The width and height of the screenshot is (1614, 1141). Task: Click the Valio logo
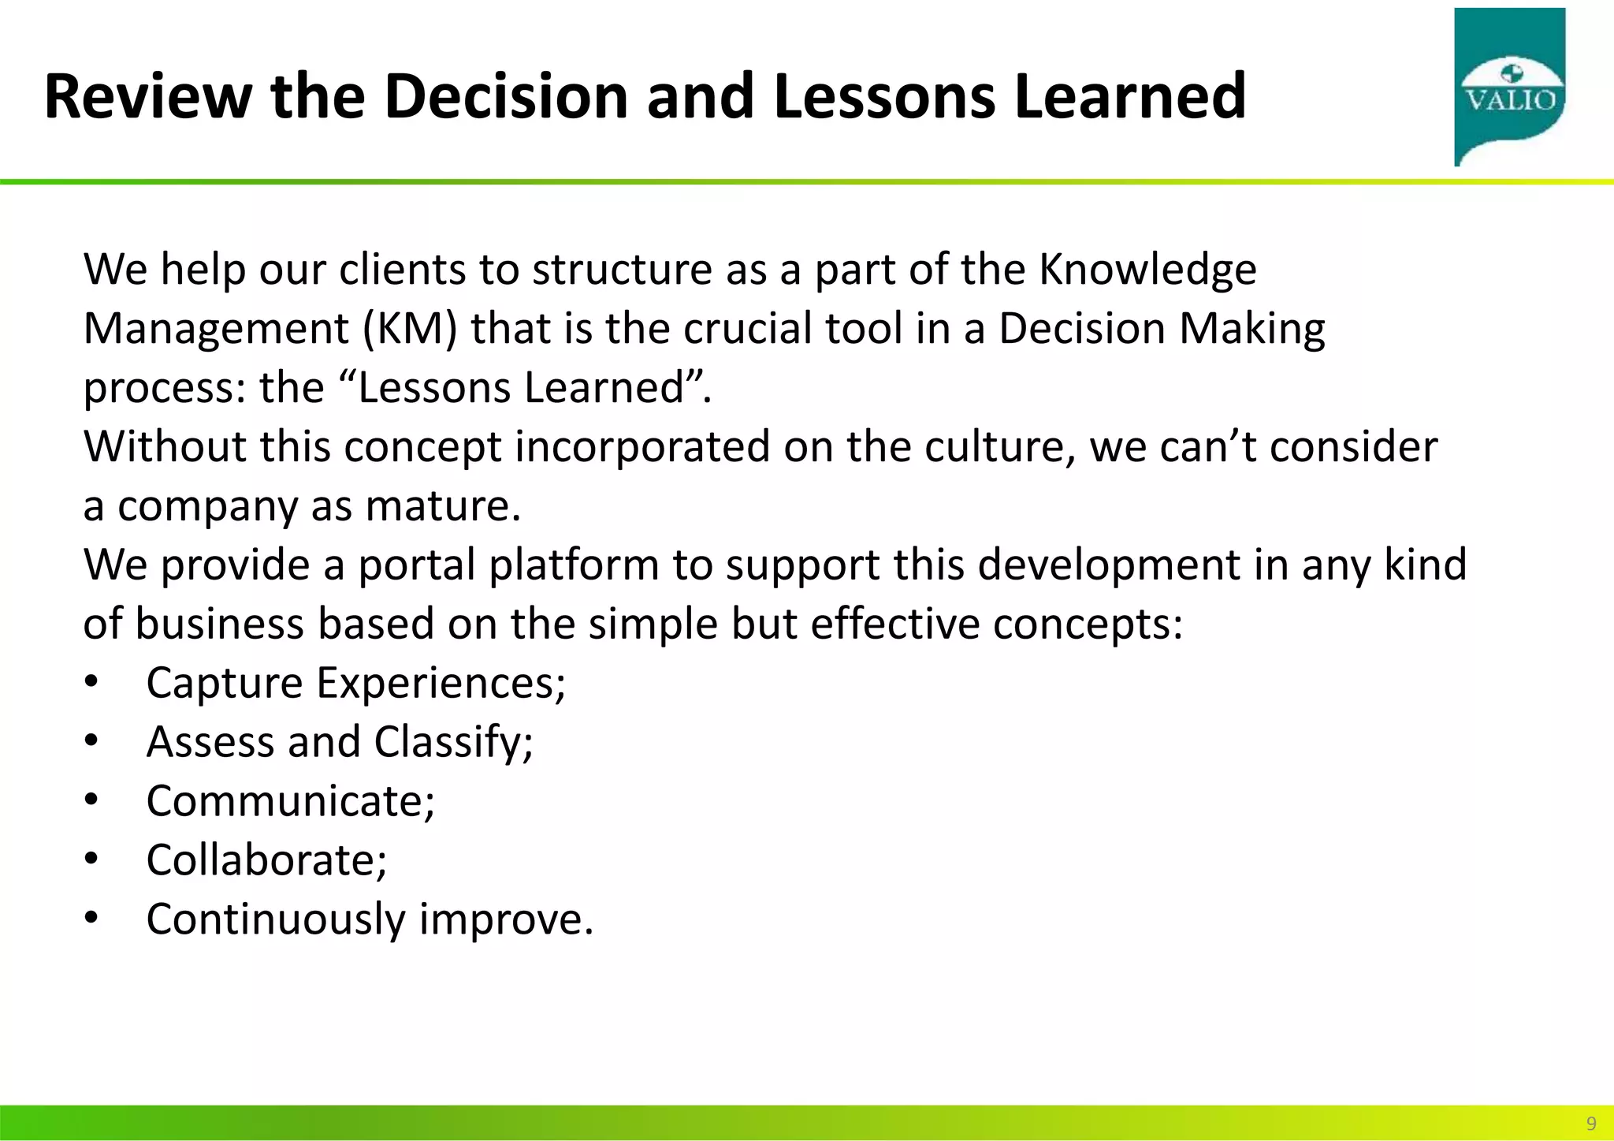coord(1509,87)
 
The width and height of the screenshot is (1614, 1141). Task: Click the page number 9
coord(1591,1123)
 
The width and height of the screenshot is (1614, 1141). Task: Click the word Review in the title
coord(147,96)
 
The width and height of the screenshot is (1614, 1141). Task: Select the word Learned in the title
coord(1130,96)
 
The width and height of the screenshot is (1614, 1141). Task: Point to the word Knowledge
coord(1147,270)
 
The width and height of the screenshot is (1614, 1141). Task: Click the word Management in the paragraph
coord(216,328)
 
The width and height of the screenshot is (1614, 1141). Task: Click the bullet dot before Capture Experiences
coord(91,681)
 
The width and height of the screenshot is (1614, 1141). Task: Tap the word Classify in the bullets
coord(453,742)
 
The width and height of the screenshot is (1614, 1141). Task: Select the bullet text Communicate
coord(290,801)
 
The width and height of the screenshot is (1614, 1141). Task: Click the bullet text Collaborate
coord(266,860)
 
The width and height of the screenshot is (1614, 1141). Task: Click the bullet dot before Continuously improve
coord(91,918)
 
